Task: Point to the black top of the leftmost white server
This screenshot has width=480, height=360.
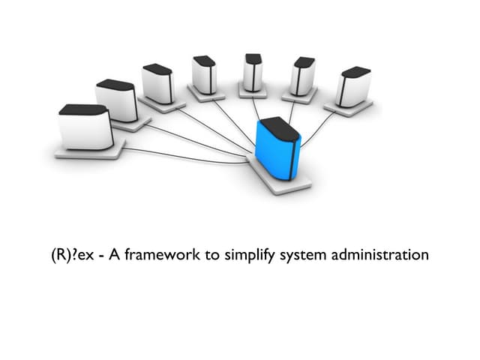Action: [x=83, y=110]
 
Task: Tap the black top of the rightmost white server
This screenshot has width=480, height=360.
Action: [x=357, y=72]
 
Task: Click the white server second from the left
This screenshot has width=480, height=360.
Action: [x=118, y=101]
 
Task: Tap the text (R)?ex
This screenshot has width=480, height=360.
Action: [x=67, y=255]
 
